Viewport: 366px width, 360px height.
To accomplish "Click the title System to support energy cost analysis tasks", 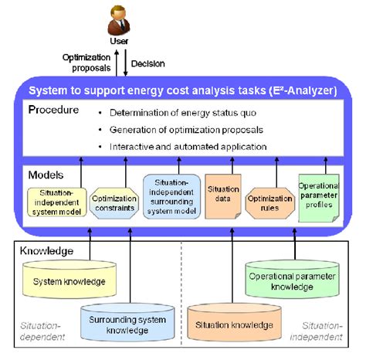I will tap(183, 90).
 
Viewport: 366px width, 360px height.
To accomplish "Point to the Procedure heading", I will tap(53, 110).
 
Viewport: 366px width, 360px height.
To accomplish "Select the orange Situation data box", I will tap(222, 196).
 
